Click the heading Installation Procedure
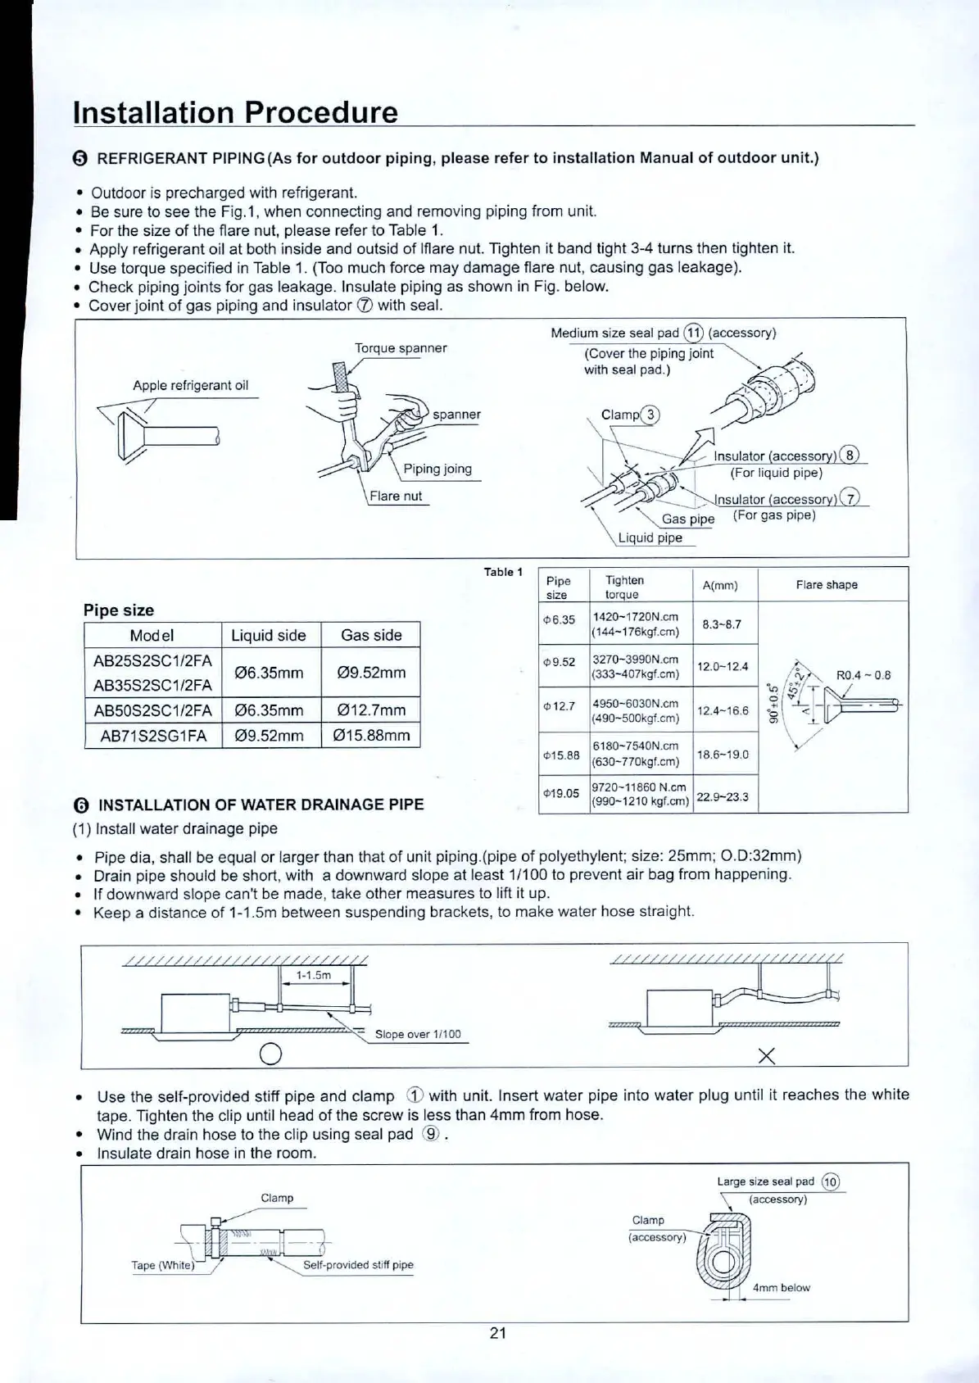(x=235, y=112)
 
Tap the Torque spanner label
(x=401, y=348)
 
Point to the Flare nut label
(x=396, y=496)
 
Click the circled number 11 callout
(x=694, y=333)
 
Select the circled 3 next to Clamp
(x=650, y=415)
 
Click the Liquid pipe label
(x=650, y=537)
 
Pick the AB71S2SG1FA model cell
(x=152, y=735)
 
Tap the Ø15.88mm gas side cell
(x=371, y=735)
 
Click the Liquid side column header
(x=269, y=635)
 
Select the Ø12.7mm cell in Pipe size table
(x=371, y=710)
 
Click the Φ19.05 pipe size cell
(x=561, y=793)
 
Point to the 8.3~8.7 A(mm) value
(x=722, y=623)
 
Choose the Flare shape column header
(x=827, y=585)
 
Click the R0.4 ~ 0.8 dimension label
(x=863, y=676)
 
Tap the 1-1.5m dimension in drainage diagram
(x=313, y=976)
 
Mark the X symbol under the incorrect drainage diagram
(x=767, y=1055)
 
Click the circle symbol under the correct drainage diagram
(x=271, y=1054)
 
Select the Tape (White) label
(x=163, y=1265)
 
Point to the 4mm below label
(x=781, y=1287)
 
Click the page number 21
(x=498, y=1333)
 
